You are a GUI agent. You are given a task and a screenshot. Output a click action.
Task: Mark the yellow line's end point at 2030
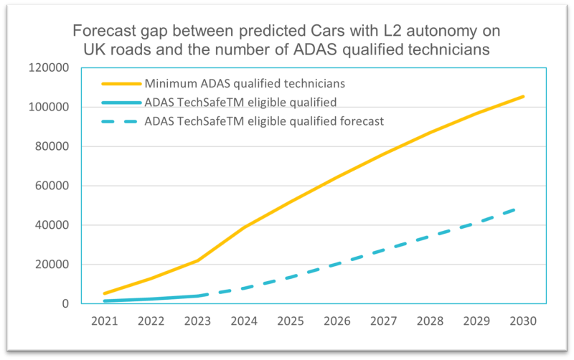pos(523,96)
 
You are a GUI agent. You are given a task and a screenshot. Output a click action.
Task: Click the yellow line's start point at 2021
pos(105,293)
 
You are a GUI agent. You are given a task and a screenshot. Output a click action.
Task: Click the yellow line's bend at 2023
pos(197,260)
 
